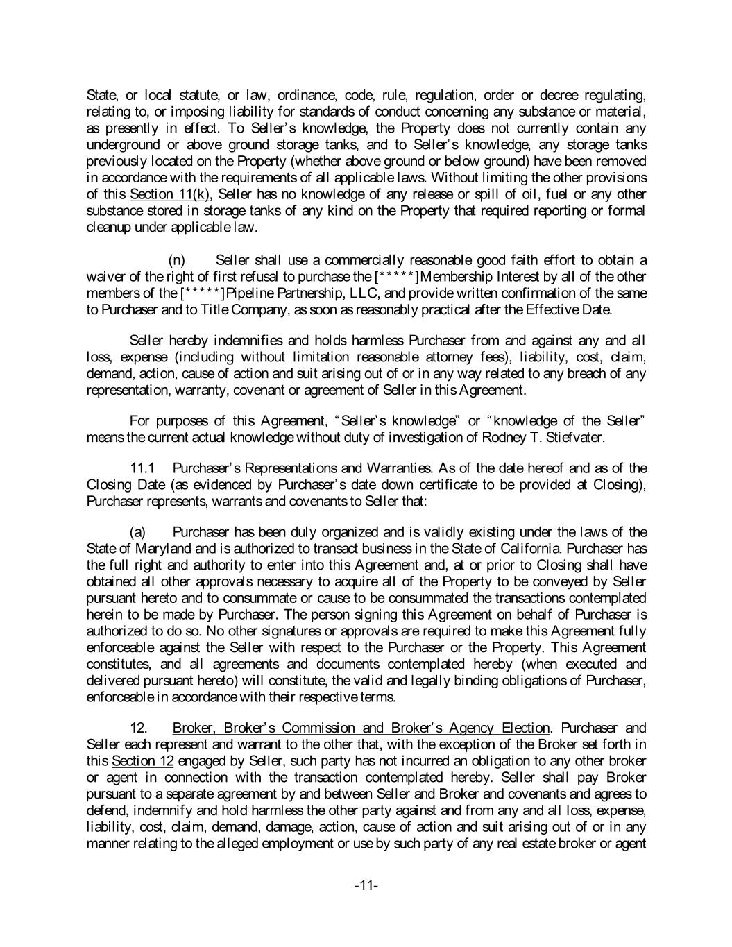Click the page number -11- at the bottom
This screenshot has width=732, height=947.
tap(366, 885)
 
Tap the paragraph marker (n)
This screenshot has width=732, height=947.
tap(177, 260)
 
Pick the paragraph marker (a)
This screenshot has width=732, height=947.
tap(138, 532)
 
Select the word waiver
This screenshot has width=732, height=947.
tap(105, 277)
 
